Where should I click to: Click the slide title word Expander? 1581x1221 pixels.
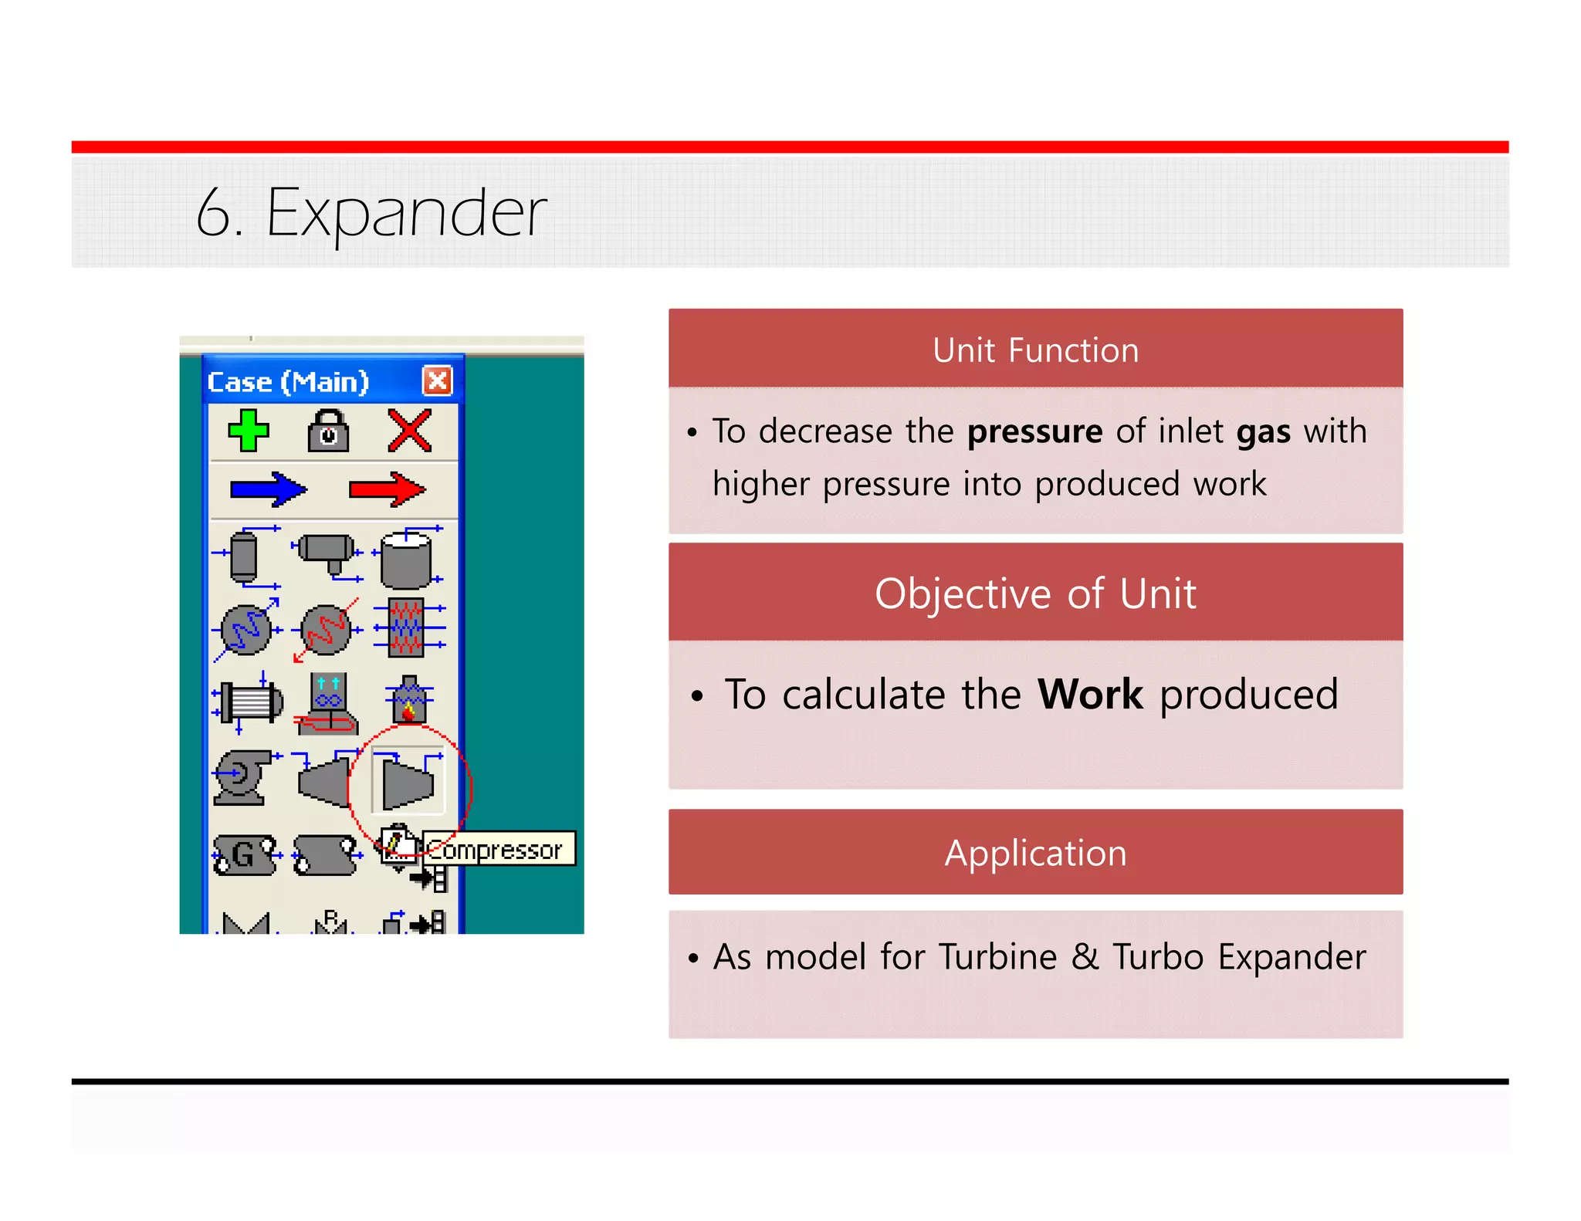tap(406, 213)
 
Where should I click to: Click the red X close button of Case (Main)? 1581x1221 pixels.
tap(437, 381)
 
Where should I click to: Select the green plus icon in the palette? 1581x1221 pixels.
tap(249, 431)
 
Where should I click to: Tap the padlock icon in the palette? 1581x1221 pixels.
tap(328, 431)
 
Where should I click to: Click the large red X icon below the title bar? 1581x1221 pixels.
tap(409, 431)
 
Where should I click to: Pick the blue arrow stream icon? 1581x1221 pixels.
tap(268, 489)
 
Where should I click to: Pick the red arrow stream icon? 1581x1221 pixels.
tap(387, 489)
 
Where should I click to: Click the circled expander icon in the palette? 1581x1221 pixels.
tap(408, 781)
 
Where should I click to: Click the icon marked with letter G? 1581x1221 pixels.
tap(244, 855)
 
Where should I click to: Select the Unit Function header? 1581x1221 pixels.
tap(1035, 350)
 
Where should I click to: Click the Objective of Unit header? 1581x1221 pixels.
tap(1035, 594)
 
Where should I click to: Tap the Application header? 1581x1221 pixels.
tap(1035, 853)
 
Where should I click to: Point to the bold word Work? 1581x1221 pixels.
tap(1089, 695)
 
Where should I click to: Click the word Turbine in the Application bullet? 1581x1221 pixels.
tap(997, 957)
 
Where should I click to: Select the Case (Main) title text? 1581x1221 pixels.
tap(288, 382)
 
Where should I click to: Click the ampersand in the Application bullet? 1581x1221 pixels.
tap(1085, 957)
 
